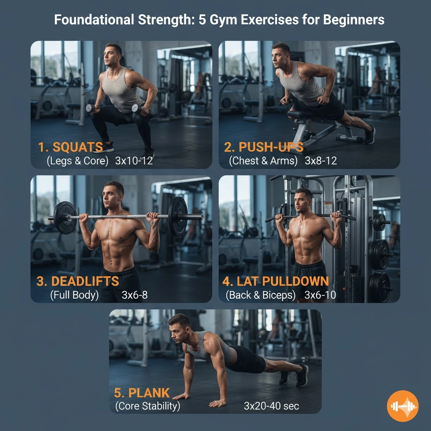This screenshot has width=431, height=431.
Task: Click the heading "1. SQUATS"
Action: pyautogui.click(x=70, y=147)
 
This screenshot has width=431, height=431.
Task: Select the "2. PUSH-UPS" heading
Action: pyautogui.click(x=263, y=147)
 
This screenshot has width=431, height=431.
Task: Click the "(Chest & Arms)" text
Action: pyautogui.click(x=263, y=161)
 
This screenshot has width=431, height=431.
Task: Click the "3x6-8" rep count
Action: pyautogui.click(x=135, y=295)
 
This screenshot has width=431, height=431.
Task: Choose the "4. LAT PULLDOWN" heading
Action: pyautogui.click(x=276, y=281)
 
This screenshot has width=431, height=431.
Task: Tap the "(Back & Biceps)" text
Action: pyautogui.click(x=261, y=295)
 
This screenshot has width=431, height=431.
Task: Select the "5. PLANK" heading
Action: pyautogui.click(x=142, y=393)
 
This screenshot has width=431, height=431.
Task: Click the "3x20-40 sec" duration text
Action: pyautogui.click(x=271, y=406)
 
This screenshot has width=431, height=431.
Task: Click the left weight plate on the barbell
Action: pyautogui.click(x=65, y=218)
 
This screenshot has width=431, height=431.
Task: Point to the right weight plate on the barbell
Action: pyautogui.click(x=178, y=216)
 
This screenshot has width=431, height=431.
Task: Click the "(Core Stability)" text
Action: pyautogui.click(x=147, y=406)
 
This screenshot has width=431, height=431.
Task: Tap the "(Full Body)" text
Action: pyautogui.click(x=74, y=295)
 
